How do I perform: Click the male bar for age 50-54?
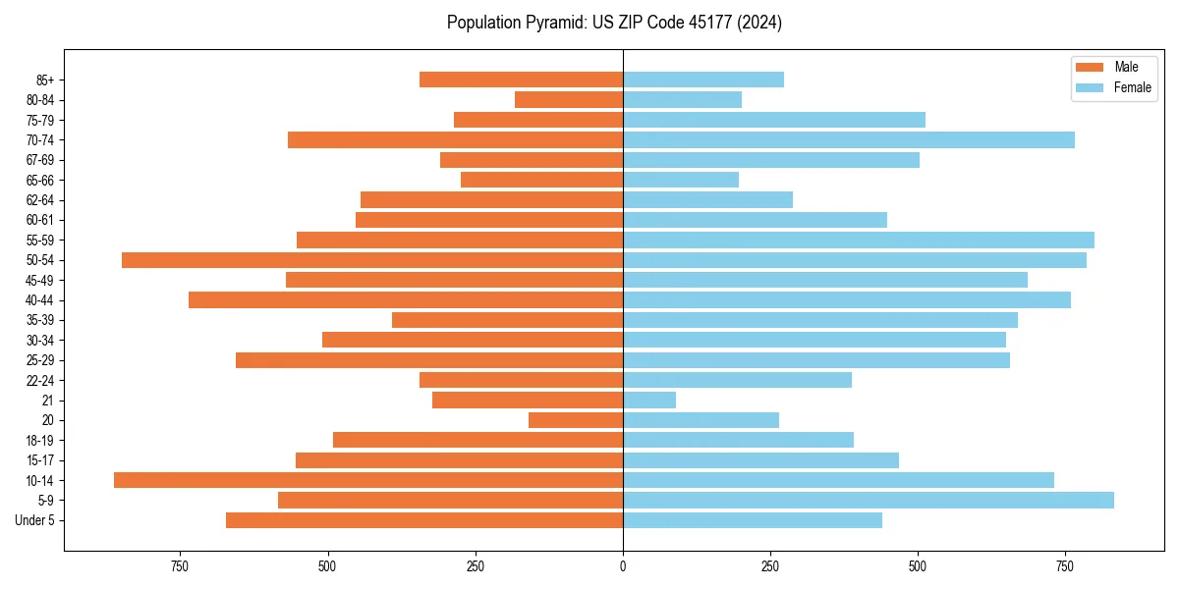pyautogui.click(x=372, y=260)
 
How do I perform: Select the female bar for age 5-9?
pyautogui.click(x=869, y=501)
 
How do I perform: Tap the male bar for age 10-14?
pyautogui.click(x=368, y=480)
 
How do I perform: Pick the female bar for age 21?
pyautogui.click(x=649, y=401)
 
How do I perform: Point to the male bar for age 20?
pyautogui.click(x=576, y=420)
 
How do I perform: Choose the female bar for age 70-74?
pyautogui.click(x=849, y=140)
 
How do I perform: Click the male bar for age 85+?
pyautogui.click(x=522, y=80)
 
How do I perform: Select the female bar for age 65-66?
pyautogui.click(x=681, y=180)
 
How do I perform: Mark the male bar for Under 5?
pyautogui.click(x=424, y=520)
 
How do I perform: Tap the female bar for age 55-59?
pyautogui.click(x=859, y=241)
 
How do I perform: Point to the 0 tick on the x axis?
pyautogui.click(x=623, y=566)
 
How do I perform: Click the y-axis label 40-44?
pyautogui.click(x=39, y=300)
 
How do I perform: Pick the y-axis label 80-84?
pyautogui.click(x=39, y=100)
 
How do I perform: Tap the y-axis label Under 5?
pyautogui.click(x=34, y=520)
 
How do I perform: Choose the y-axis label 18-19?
pyautogui.click(x=39, y=441)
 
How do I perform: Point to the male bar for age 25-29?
pyautogui.click(x=429, y=360)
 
